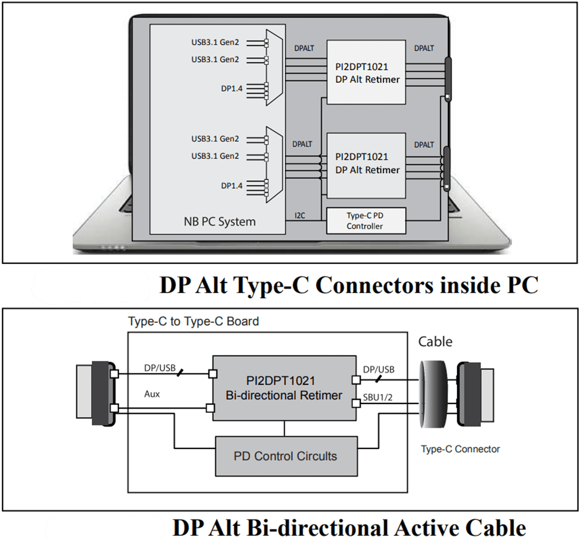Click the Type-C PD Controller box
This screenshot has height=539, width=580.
pos(366,221)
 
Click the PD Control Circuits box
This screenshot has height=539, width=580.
pos(285,456)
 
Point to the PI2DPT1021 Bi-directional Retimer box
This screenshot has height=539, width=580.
pos(285,388)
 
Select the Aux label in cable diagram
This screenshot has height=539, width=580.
pos(152,394)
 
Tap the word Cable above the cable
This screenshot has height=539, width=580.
pos(435,342)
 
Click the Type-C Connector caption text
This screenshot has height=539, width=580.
pos(460,449)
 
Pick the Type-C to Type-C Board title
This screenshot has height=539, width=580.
pos(194,321)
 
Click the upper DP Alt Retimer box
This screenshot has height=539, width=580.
pos(366,72)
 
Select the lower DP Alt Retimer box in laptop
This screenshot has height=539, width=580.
pos(366,163)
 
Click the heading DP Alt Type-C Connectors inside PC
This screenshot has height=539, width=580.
pos(349,285)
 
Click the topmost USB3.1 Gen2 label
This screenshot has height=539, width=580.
pos(215,42)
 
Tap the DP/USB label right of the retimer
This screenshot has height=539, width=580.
pos(378,369)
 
